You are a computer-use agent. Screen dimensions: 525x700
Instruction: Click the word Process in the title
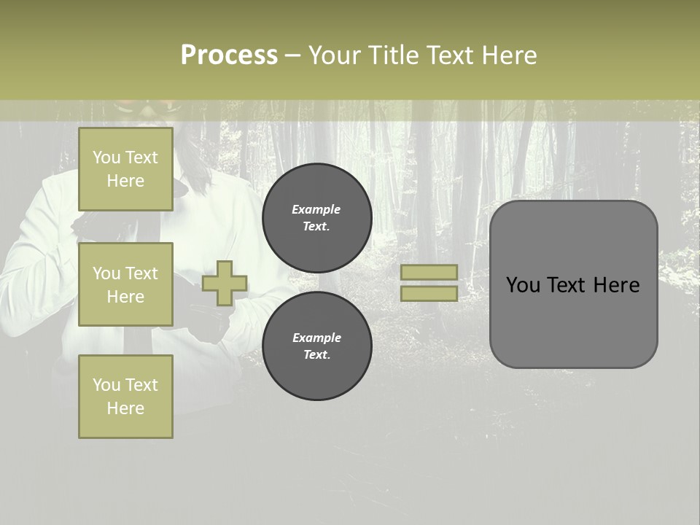point(229,55)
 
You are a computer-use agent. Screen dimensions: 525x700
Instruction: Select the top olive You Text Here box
point(125,169)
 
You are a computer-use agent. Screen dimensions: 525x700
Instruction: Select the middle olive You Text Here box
point(125,284)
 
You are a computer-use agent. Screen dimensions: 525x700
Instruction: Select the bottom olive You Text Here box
point(125,396)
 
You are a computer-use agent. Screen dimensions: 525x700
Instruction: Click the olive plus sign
point(225,283)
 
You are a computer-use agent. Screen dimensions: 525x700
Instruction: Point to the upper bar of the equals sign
point(429,272)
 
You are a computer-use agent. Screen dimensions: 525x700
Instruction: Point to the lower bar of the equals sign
point(429,293)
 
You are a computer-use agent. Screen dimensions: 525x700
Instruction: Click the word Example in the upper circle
point(316,209)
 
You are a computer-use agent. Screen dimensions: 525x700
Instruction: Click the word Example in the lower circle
point(316,338)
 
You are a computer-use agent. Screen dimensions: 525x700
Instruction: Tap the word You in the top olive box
point(106,157)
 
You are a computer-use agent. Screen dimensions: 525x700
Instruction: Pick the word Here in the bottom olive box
point(125,408)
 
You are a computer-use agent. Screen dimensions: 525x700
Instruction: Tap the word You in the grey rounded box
point(523,285)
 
